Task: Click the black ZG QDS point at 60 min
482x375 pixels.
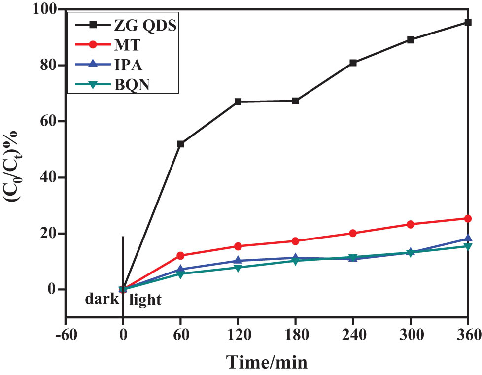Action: point(180,144)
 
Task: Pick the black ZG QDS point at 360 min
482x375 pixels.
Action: point(468,22)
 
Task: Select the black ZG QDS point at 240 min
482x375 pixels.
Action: point(353,63)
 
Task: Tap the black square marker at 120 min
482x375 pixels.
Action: point(238,102)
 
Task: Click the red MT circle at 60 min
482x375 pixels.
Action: point(180,255)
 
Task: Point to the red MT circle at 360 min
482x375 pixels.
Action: point(468,218)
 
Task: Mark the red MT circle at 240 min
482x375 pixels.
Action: point(353,233)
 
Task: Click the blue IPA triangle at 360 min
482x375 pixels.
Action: point(468,239)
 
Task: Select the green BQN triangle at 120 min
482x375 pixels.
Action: point(238,268)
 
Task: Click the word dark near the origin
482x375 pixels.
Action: point(102,299)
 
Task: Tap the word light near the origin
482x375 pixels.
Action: point(145,299)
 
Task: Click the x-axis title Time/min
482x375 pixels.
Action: point(267,362)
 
